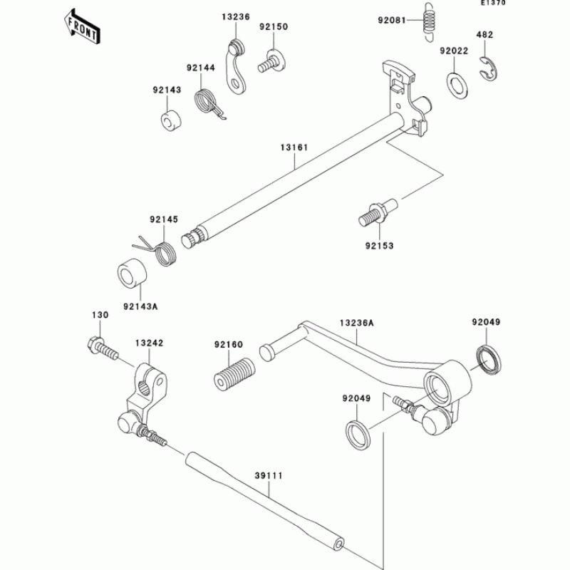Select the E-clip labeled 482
[x=487, y=66]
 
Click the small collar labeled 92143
[x=169, y=119]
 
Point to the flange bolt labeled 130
[x=102, y=350]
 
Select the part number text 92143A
[x=139, y=307]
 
